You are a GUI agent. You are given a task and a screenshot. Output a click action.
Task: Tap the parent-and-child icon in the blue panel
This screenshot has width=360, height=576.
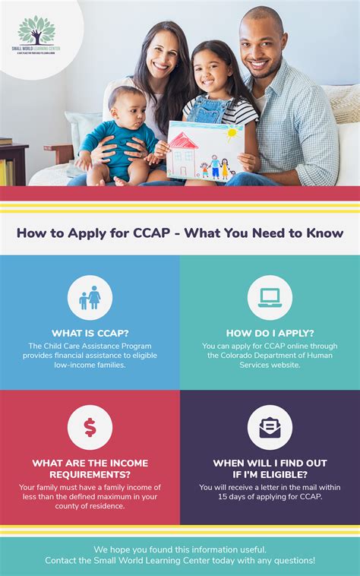(x=90, y=298)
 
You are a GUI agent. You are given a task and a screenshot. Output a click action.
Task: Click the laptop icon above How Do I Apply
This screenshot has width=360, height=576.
(x=270, y=298)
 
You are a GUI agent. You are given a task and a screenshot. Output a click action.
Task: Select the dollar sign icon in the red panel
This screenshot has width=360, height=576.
(x=90, y=427)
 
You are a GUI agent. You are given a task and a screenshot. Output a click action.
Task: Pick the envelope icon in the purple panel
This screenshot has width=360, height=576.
(x=270, y=427)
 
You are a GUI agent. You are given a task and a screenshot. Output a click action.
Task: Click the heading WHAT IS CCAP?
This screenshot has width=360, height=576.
(x=90, y=333)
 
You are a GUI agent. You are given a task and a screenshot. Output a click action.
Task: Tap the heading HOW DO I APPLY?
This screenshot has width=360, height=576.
(x=270, y=333)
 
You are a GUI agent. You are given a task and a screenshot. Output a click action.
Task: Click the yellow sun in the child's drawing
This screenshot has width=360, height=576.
(x=232, y=134)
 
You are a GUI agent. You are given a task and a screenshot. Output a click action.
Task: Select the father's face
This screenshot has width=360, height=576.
(x=262, y=44)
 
